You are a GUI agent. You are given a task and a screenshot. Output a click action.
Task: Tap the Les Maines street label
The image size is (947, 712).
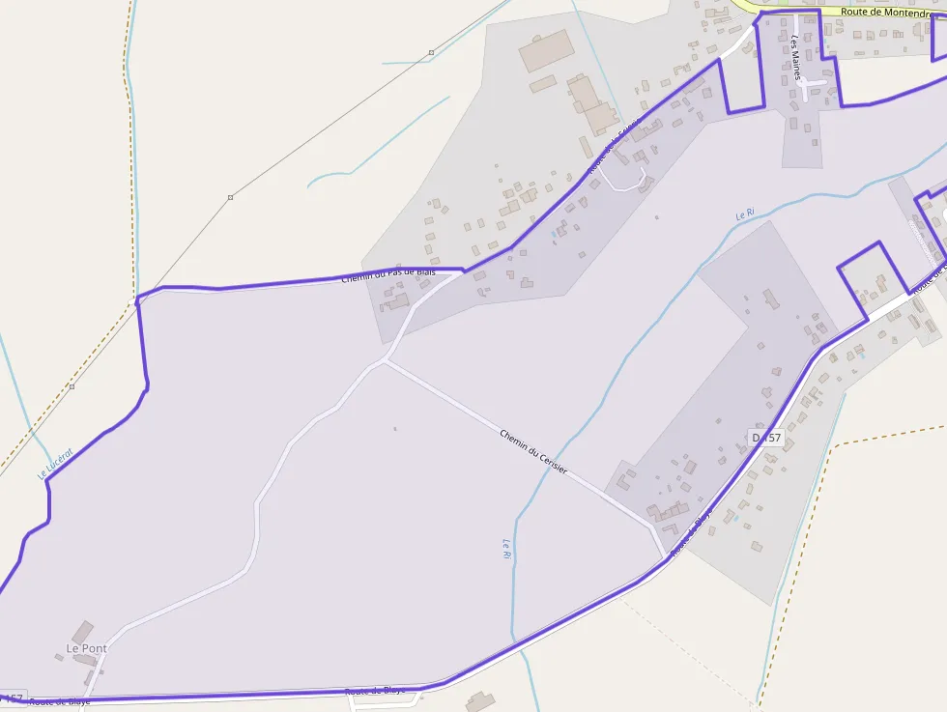pyautogui.click(x=796, y=58)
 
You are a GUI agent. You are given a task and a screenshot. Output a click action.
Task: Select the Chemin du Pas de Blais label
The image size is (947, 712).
pyautogui.click(x=388, y=275)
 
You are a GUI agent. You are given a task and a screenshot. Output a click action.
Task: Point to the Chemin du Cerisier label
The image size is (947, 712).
pyautogui.click(x=533, y=450)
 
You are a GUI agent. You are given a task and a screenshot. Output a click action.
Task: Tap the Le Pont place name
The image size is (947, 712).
pyautogui.click(x=85, y=647)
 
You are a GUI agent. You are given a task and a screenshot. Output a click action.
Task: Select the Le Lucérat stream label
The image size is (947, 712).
pyautogui.click(x=56, y=464)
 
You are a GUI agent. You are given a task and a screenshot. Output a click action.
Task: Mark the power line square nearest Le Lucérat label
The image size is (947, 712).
pyautogui.click(x=72, y=386)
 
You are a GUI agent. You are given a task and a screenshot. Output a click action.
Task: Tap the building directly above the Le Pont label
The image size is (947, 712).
pyautogui.click(x=83, y=632)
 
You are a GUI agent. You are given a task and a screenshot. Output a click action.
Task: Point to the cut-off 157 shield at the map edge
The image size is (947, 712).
pyautogui.click(x=12, y=698)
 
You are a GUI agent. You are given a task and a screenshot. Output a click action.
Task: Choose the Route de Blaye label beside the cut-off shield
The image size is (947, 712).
pyautogui.click(x=58, y=701)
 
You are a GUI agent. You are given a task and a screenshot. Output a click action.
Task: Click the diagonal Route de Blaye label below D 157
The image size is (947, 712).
pyautogui.click(x=691, y=532)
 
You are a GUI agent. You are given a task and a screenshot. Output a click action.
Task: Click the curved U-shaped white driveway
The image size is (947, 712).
pyautogui.click(x=630, y=179)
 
